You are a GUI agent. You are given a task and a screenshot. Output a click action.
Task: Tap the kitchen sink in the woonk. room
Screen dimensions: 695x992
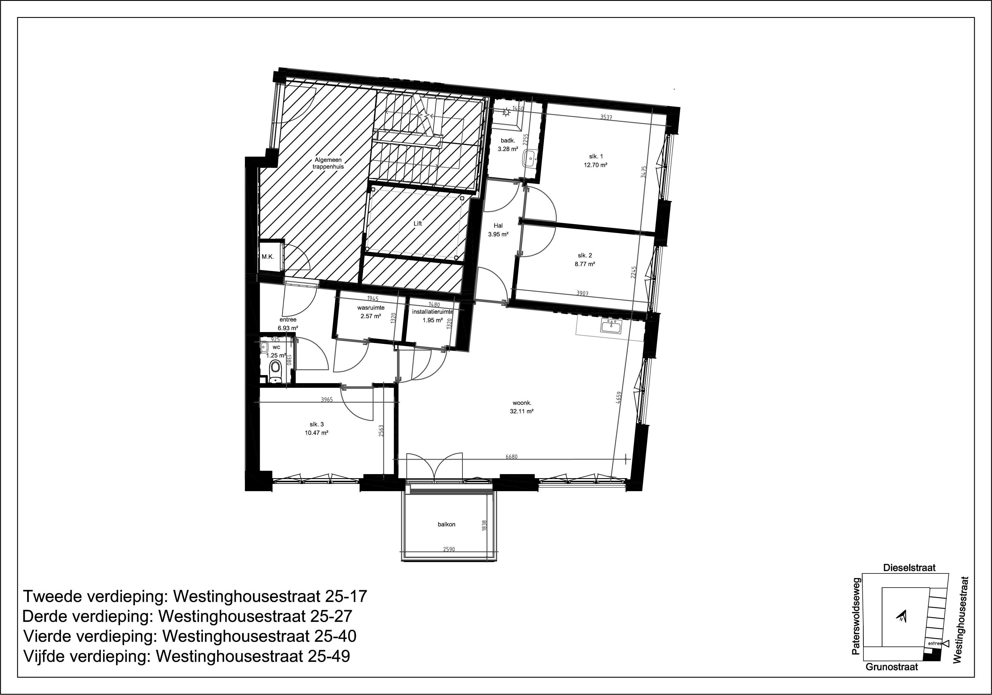point(611,326)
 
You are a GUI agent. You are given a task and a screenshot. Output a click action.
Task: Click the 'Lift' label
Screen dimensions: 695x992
point(417,223)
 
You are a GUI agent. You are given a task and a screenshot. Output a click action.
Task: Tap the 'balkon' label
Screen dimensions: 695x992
point(446,524)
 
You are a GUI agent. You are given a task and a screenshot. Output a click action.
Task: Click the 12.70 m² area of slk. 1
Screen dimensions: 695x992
point(595,165)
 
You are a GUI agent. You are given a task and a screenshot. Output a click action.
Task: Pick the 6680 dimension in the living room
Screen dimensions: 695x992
point(511,457)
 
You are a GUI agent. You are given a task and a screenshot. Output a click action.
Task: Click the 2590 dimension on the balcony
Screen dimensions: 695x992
point(449,549)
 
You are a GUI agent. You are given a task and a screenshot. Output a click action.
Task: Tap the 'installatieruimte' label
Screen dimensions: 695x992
point(432,312)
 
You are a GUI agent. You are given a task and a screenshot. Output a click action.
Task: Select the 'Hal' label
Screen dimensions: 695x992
point(498,226)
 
